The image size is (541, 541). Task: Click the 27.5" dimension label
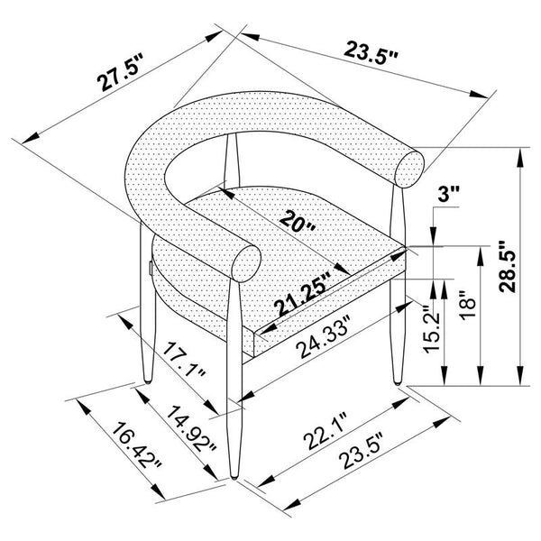119,72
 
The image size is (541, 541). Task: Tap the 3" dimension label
448,194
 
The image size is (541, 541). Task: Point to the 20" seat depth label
298,222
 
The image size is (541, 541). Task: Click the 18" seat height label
469,305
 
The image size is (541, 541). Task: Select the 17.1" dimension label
184,362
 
